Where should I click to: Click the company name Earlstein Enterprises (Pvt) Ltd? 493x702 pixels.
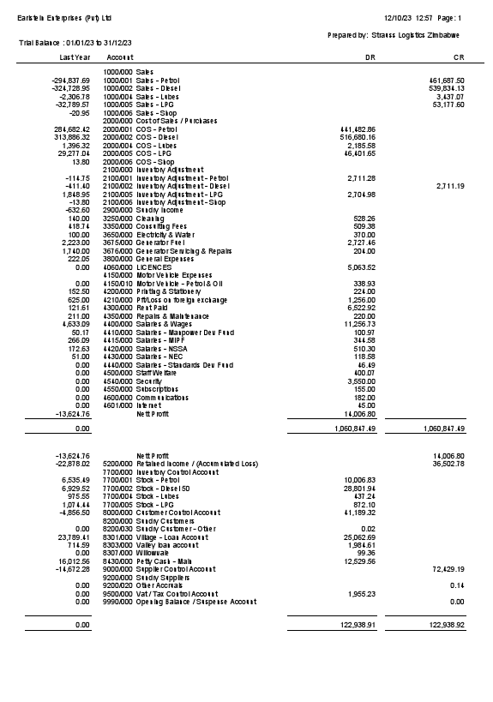pos(64,17)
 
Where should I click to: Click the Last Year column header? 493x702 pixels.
pos(75,57)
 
